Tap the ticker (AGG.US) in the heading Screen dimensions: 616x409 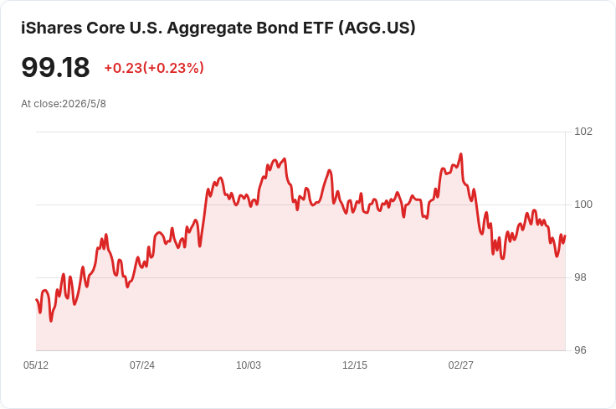tap(377, 28)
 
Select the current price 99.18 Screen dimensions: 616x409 tap(55, 67)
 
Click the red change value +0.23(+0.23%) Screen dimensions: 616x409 tap(154, 68)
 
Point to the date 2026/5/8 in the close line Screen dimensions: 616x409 tap(84, 104)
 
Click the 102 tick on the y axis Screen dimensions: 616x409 tap(583, 132)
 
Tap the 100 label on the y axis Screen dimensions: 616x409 tap(583, 204)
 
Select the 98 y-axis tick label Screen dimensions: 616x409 tap(580, 277)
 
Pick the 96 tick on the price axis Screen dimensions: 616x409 tap(580, 350)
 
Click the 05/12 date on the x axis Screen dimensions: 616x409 tap(36, 365)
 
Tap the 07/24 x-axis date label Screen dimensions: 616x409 tap(142, 365)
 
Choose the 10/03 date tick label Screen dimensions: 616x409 tap(249, 365)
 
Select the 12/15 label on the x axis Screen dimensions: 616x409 tap(355, 365)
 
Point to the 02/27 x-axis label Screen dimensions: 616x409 tap(461, 365)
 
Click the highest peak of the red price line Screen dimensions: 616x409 tap(461, 154)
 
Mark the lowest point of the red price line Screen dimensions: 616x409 tap(51, 321)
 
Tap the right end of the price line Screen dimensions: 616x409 tap(565, 236)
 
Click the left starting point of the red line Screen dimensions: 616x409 tap(37, 300)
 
